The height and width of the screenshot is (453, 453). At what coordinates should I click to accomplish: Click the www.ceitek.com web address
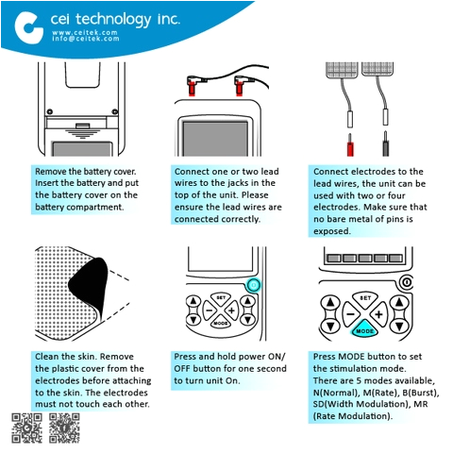pos(85,32)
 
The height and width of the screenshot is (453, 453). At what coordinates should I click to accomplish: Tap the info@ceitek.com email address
pos(86,39)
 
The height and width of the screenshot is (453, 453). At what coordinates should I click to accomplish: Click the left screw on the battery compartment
pos(49,111)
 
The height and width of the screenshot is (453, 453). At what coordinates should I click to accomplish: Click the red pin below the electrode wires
pos(350,145)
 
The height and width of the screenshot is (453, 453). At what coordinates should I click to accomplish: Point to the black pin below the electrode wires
pos(386,144)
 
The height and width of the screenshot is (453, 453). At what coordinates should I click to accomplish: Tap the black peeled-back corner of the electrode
pos(89,286)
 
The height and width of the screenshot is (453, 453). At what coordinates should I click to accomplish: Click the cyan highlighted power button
pos(253,285)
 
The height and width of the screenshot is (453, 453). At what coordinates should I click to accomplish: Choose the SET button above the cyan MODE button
pos(365,297)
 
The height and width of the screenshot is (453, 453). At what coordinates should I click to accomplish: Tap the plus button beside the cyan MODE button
pos(378,314)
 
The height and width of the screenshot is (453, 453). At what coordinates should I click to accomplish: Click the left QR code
pos(26,428)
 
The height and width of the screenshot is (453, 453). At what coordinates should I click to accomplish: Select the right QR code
pos(64,428)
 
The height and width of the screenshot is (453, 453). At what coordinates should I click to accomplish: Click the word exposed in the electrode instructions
pos(332,231)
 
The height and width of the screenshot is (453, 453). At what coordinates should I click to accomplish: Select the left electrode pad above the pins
pos(343,70)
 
